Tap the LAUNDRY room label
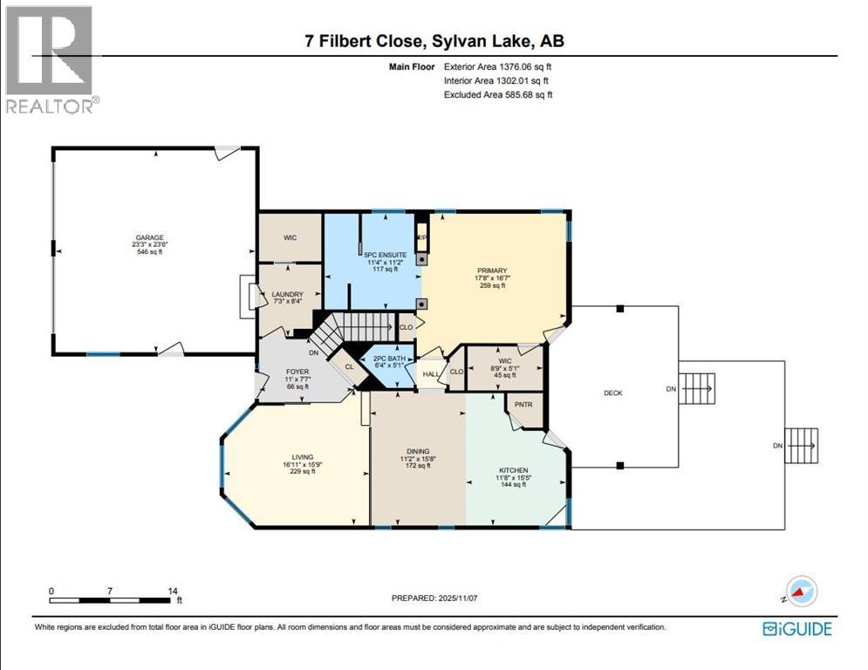[287, 295]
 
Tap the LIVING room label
[303, 456]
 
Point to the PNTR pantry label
[523, 406]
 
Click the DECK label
[612, 393]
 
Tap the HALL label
[429, 374]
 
